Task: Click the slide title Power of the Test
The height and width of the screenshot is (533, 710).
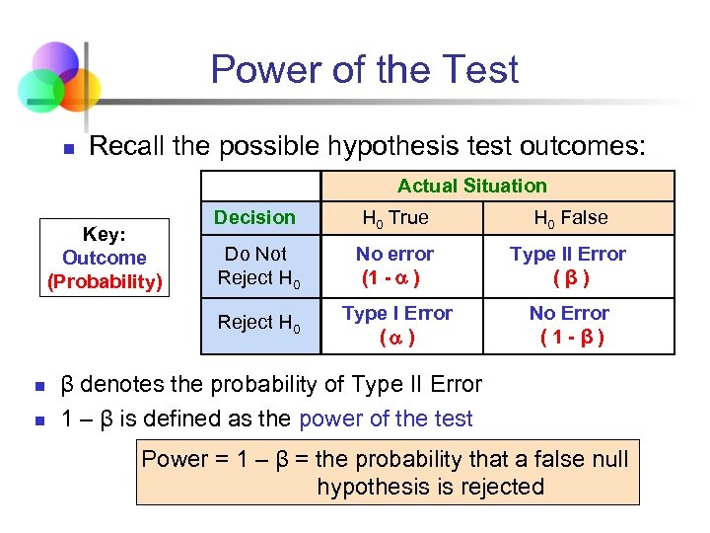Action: [x=364, y=70]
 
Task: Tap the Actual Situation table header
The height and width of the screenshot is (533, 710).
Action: [x=471, y=186]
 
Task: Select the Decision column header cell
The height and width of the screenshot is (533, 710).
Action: [x=254, y=218]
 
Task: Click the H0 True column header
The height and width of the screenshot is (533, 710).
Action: [x=395, y=218]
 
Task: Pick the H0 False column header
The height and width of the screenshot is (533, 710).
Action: [x=570, y=218]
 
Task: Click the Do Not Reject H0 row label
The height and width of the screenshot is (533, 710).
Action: [x=257, y=266]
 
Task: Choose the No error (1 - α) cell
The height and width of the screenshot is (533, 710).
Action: [x=394, y=266]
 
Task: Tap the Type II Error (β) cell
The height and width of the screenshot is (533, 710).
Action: [x=567, y=266]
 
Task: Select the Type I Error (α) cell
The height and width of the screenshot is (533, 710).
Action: [x=396, y=325]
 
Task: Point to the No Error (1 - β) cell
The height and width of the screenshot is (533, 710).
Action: [x=569, y=325]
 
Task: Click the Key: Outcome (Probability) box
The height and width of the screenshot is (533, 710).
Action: [x=105, y=258]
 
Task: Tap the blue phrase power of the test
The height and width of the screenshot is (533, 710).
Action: [x=386, y=419]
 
